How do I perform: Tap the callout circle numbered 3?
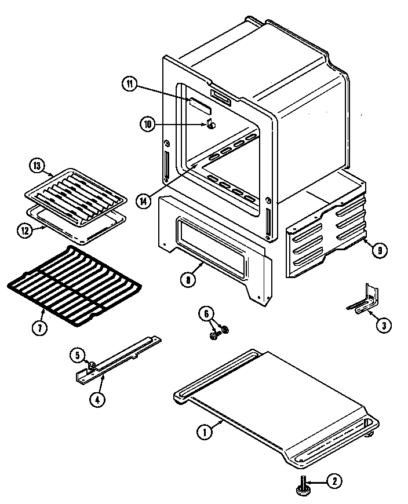click(382, 325)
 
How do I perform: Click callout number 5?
click(77, 355)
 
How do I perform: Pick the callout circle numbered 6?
click(205, 314)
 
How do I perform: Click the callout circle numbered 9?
click(378, 250)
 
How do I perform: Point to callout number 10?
click(148, 123)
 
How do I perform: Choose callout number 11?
click(129, 83)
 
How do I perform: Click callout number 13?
click(37, 166)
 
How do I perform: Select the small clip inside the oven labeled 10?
click(211, 124)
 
